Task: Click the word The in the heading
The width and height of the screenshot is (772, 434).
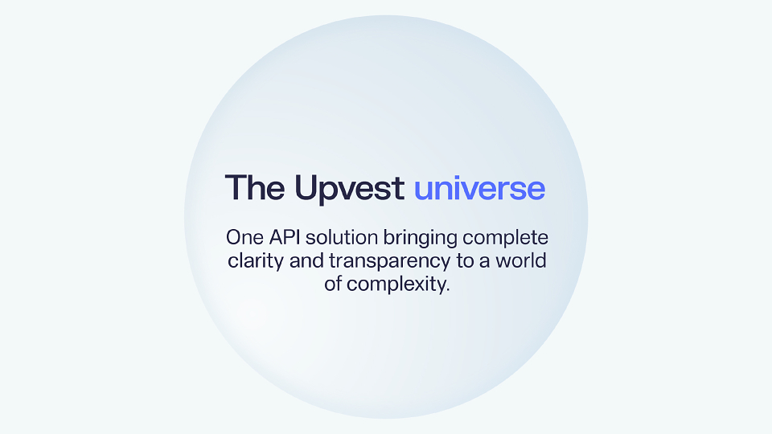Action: pos(255,187)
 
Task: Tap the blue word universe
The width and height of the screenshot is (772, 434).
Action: pos(479,188)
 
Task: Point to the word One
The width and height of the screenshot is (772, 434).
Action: pos(245,238)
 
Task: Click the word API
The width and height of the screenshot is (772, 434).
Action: pos(285,238)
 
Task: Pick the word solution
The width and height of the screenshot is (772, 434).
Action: pos(342,238)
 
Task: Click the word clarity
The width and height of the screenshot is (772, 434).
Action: pos(256,262)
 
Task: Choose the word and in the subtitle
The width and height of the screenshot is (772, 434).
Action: pos(306,260)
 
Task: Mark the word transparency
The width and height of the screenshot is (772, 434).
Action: pos(389,262)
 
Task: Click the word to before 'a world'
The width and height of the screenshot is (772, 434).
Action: pos(465,261)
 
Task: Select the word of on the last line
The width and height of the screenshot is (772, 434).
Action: pos(333,284)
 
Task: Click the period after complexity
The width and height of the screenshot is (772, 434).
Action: pos(447,290)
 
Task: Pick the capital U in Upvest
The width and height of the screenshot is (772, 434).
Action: pos(306,187)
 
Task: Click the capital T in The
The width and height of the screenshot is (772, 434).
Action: pos(236,187)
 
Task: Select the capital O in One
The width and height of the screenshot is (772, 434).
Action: pos(234,238)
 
